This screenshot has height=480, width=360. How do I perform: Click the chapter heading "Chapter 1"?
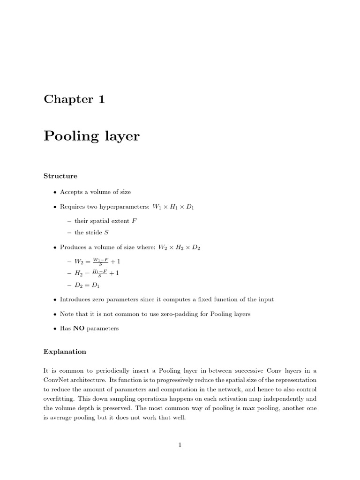click(x=74, y=99)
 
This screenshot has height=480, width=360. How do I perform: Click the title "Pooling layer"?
click(x=91, y=136)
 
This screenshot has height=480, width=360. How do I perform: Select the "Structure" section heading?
click(x=60, y=176)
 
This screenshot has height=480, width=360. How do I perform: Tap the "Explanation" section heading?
click(x=65, y=352)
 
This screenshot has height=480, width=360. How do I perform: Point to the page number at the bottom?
click(x=180, y=445)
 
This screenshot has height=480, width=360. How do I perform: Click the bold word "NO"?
click(x=79, y=328)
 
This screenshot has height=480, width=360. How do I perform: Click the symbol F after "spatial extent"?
click(x=135, y=221)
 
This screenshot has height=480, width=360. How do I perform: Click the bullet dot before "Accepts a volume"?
click(x=55, y=192)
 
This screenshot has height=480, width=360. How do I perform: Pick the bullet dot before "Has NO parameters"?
click(x=55, y=329)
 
